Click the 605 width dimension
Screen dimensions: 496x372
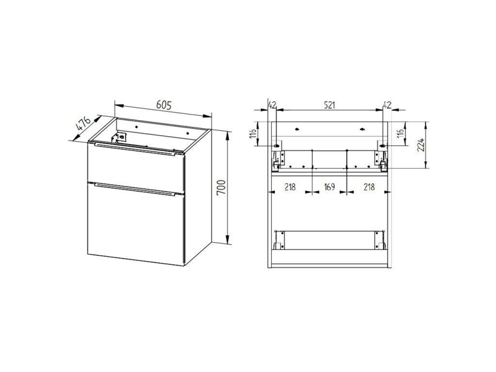[164, 105]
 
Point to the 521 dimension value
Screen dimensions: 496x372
[329, 105]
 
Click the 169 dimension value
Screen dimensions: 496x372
[329, 187]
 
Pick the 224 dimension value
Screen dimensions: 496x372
[421, 145]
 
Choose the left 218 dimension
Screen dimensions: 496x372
[290, 187]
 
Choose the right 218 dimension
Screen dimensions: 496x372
[369, 187]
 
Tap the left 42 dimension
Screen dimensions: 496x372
[272, 105]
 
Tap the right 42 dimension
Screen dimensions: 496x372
[387, 105]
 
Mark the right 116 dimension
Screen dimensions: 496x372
[400, 134]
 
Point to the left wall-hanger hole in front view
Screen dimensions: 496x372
[277, 146]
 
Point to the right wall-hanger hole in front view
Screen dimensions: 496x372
[383, 146]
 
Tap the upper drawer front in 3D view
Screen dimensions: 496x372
[136, 168]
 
